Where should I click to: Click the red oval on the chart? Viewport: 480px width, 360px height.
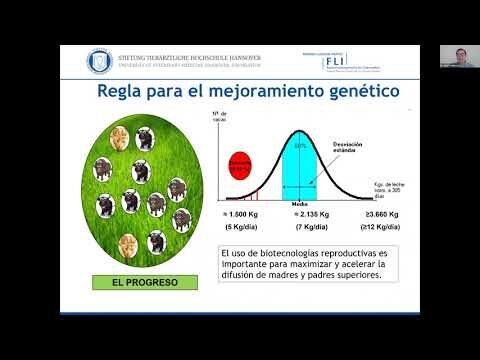(x=239, y=161)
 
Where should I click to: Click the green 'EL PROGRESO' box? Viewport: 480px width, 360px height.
(x=137, y=282)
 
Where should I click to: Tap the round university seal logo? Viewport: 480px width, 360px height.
(x=100, y=60)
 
